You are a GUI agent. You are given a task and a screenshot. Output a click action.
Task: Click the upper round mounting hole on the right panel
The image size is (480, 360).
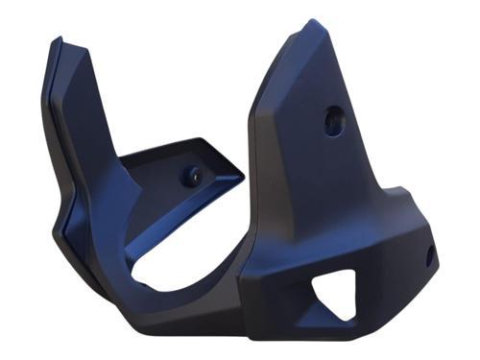(333, 120)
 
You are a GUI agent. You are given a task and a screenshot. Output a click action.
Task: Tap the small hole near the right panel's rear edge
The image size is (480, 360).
(430, 254)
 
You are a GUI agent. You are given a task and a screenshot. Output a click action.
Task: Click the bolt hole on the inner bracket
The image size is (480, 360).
(194, 176)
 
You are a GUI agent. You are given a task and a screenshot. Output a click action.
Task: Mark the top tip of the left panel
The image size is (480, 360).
(58, 39)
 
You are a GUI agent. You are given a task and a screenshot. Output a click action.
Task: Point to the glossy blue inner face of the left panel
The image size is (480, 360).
(96, 134)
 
